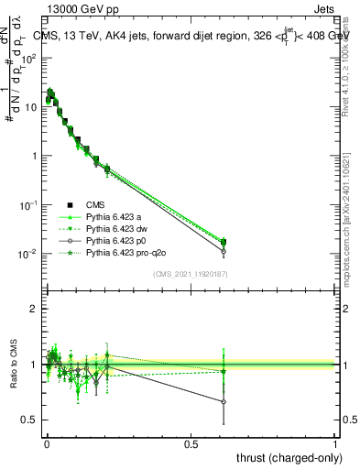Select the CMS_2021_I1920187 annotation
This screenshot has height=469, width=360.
click(x=190, y=273)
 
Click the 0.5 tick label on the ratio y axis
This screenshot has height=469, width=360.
click(x=28, y=420)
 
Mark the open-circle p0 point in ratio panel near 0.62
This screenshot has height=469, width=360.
click(x=224, y=401)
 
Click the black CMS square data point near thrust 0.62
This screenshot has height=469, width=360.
click(x=224, y=242)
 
